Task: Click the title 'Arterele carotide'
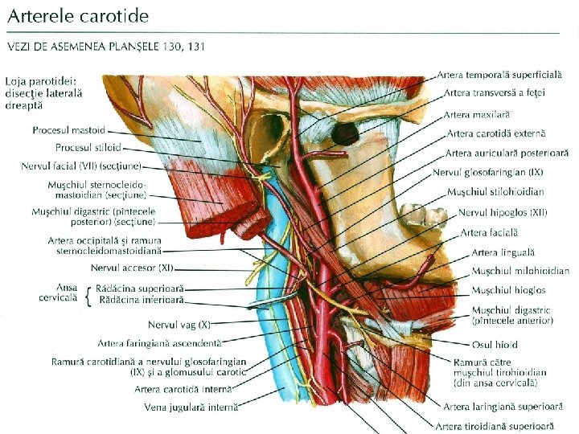pos(80,16)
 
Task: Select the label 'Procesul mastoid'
pos(68,130)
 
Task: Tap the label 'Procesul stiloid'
pos(88,148)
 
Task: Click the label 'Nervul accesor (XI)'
pos(132,268)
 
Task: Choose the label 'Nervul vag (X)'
pos(179,325)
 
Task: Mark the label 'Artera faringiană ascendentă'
pos(159,343)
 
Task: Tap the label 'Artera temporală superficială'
pos(503,75)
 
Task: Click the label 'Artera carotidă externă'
pos(496,133)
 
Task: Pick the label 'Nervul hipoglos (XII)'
pos(503,213)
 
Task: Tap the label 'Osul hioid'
pos(495,345)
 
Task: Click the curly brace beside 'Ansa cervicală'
pos(86,293)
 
